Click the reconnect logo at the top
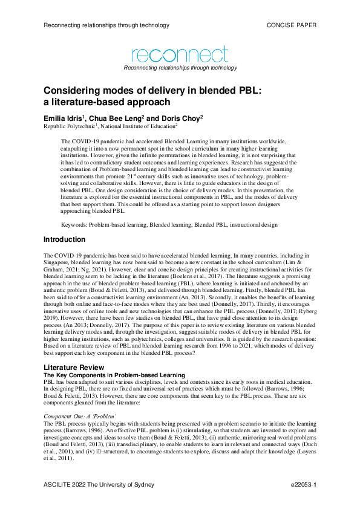(180, 55)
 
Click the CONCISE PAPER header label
(291, 25)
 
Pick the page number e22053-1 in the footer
(303, 485)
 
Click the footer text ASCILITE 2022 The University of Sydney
(99, 485)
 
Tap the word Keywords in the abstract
(74, 224)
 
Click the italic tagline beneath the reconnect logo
(180, 68)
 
